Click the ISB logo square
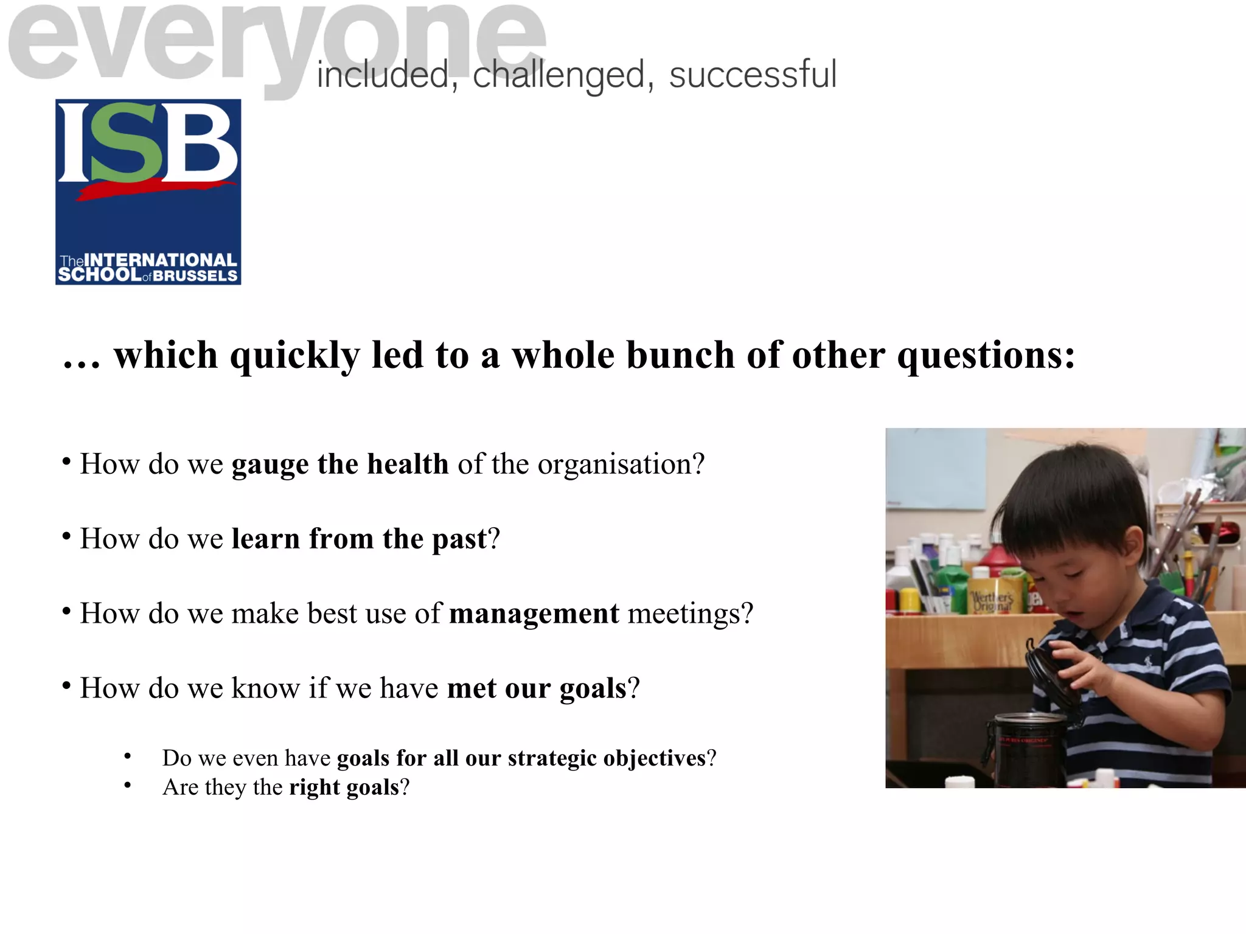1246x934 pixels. click(148, 192)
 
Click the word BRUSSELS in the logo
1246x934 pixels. click(195, 276)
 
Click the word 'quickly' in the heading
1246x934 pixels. click(294, 356)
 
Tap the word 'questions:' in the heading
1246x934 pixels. click(986, 356)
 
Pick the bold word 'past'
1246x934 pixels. click(459, 539)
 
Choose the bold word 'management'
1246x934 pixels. click(534, 614)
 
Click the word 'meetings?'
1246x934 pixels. click(691, 614)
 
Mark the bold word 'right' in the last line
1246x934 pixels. click(314, 787)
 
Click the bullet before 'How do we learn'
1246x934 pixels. click(66, 536)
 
